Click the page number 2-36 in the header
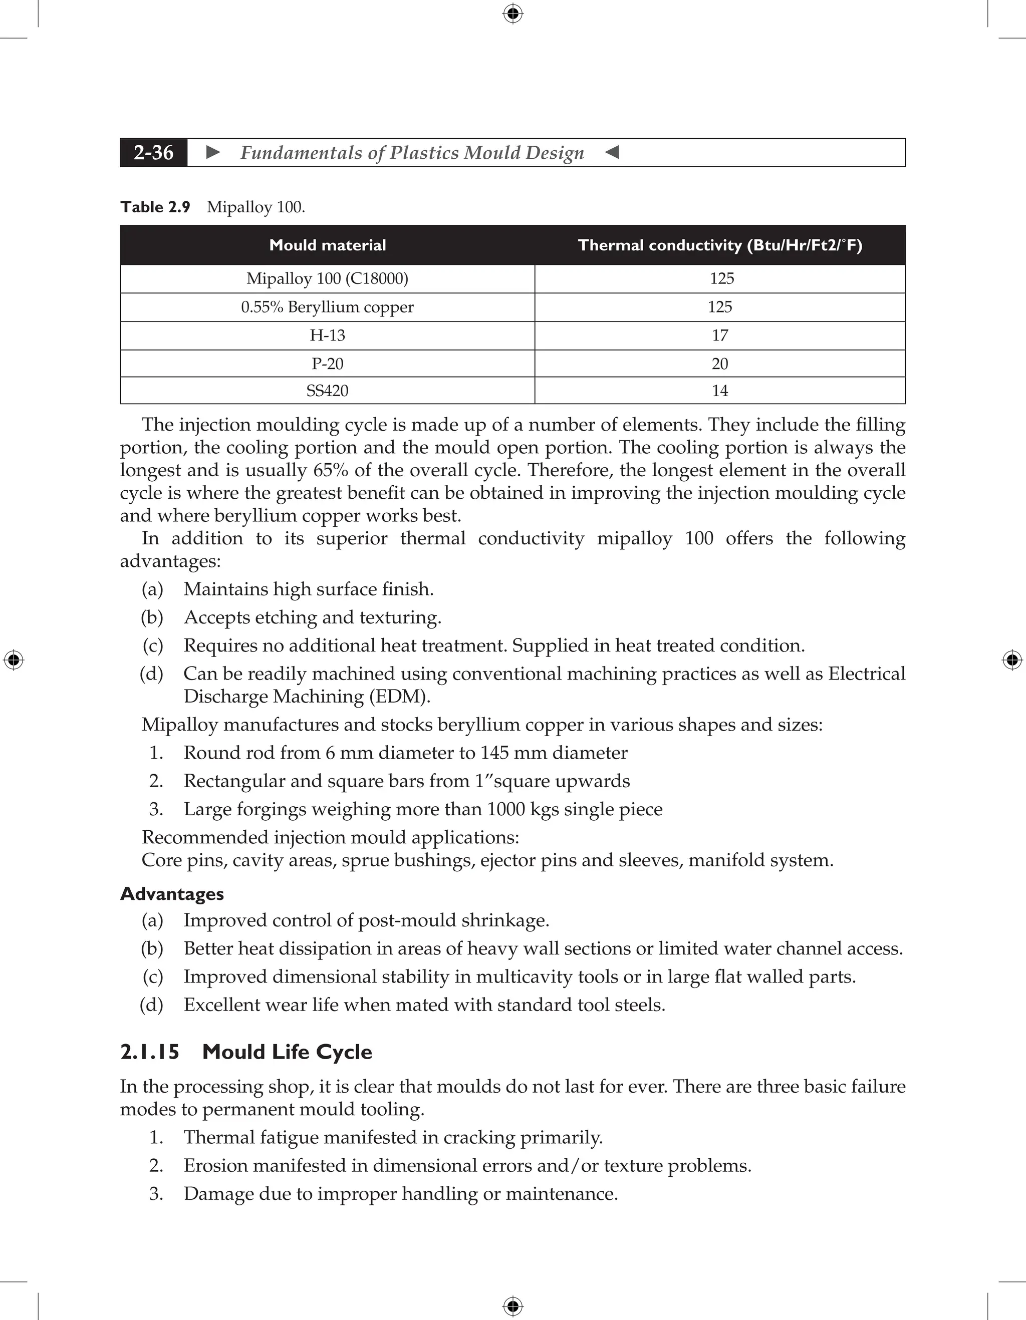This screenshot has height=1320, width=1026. tap(154, 152)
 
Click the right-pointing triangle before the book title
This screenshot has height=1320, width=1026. tap(213, 152)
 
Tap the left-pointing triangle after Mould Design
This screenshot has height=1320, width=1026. tap(612, 152)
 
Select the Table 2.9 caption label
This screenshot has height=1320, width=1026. tap(155, 207)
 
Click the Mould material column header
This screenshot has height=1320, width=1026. tap(327, 245)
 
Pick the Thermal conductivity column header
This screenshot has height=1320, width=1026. tap(719, 245)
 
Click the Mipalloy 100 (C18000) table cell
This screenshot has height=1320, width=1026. tap(327, 278)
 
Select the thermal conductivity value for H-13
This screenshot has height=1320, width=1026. tap(719, 336)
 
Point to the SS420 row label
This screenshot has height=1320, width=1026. tap(327, 391)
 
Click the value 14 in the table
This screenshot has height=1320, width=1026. tap(719, 391)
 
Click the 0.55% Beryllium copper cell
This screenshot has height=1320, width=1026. tap(327, 307)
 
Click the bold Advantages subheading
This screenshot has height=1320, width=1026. tap(172, 894)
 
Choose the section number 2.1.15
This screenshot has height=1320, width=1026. tap(150, 1052)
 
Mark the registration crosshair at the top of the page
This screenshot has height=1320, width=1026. tap(512, 14)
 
